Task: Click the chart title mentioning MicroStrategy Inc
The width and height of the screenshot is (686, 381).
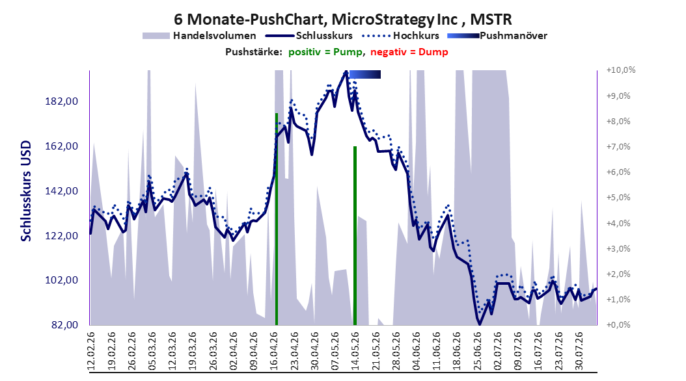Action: pyautogui.click(x=342, y=20)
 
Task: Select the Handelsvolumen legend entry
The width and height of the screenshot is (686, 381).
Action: pyautogui.click(x=200, y=36)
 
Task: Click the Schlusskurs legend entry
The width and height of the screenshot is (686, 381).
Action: pyautogui.click(x=309, y=36)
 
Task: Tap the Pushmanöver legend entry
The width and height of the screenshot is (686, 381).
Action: pyautogui.click(x=497, y=36)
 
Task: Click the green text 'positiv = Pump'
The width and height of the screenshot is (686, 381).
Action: pyautogui.click(x=325, y=52)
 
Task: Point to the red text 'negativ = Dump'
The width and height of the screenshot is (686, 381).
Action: pyautogui.click(x=409, y=52)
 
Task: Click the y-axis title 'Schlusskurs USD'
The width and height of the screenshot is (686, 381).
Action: pyautogui.click(x=26, y=190)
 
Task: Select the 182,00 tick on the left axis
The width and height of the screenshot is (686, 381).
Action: pyautogui.click(x=61, y=101)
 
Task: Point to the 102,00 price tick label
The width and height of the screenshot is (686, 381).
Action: pyautogui.click(x=61, y=280)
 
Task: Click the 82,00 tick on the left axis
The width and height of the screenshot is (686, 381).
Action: pyautogui.click(x=64, y=325)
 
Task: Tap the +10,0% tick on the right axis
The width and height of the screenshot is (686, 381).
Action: pyautogui.click(x=621, y=70)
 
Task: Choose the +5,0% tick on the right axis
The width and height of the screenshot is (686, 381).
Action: pyautogui.click(x=618, y=198)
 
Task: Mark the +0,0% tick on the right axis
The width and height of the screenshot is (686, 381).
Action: pyautogui.click(x=618, y=325)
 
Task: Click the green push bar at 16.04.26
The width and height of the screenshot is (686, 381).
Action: pyautogui.click(x=277, y=219)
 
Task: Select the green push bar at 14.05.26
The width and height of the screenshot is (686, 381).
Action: pyautogui.click(x=355, y=235)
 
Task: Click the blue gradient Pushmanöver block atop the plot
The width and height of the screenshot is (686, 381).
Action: pyautogui.click(x=365, y=74)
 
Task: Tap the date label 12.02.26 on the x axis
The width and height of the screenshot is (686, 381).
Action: pyautogui.click(x=91, y=351)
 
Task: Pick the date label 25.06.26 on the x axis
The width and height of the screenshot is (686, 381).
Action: pyautogui.click(x=478, y=351)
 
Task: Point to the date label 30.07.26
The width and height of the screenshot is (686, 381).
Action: pyautogui.click(x=579, y=351)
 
